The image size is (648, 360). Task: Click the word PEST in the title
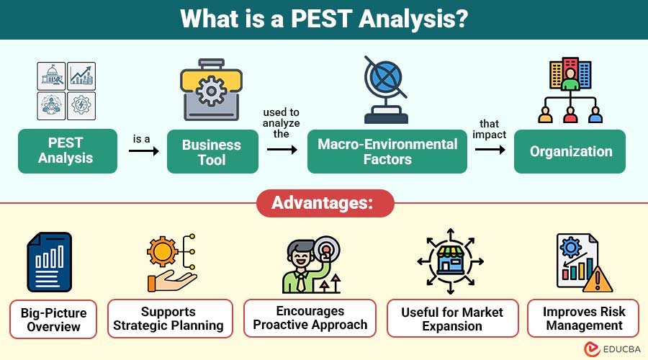point(320,19)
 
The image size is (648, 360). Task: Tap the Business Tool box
point(212,152)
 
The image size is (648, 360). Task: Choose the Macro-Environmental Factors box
point(387,151)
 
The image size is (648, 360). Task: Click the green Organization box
point(570,151)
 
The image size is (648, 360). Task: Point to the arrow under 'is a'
point(144,151)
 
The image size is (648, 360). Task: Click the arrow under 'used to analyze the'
point(282,150)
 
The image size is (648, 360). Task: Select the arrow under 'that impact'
point(490,150)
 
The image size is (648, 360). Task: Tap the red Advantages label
point(325,203)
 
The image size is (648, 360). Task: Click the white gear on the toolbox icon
point(211,91)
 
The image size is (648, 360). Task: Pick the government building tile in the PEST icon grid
point(51,76)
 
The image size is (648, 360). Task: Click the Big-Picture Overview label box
point(53,320)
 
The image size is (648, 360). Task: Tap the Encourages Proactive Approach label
point(310,318)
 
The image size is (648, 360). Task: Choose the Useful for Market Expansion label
point(453,319)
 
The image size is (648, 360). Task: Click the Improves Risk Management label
point(583,318)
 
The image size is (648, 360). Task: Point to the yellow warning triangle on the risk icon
point(598,281)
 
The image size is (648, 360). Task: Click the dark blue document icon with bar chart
point(49,262)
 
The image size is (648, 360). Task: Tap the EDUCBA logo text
point(621,349)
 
